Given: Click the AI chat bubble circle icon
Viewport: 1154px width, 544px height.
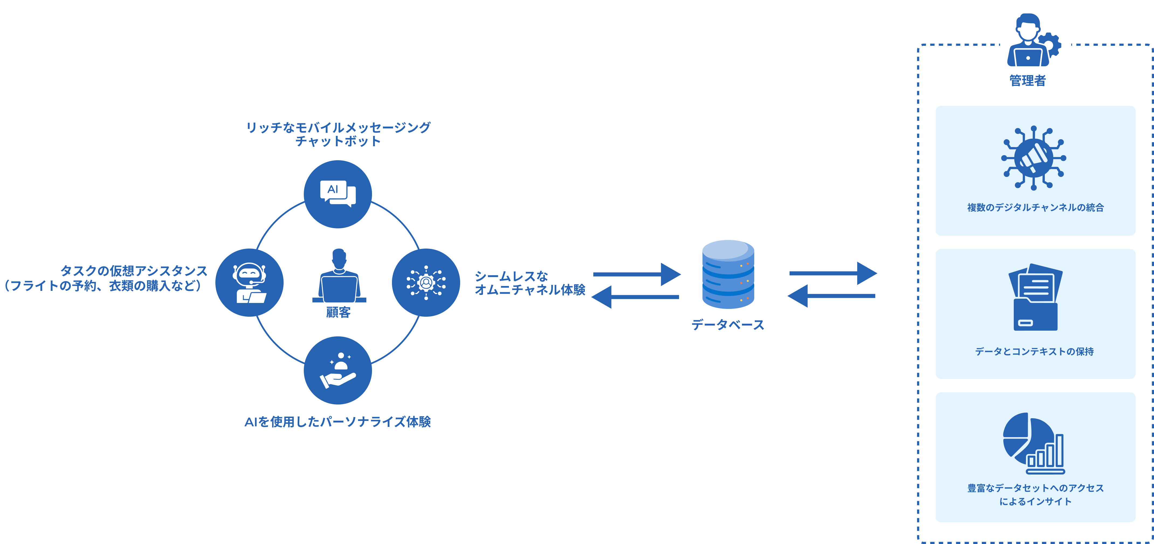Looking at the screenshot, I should coord(338,194).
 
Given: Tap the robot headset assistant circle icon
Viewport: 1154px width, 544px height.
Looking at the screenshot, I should coord(250,283).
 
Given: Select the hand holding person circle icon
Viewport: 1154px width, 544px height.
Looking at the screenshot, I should coord(338,370).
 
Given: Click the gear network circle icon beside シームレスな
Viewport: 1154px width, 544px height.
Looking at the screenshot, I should coord(426,283).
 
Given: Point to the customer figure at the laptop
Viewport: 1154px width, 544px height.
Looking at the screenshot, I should coord(339,277).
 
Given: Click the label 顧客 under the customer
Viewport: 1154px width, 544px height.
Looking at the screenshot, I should coord(338,312).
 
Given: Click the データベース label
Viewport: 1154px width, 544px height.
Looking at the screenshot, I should coord(728,325).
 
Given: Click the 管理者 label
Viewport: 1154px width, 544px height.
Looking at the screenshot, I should coord(1027,81).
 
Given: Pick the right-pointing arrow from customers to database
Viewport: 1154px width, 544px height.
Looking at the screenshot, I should coord(636,274).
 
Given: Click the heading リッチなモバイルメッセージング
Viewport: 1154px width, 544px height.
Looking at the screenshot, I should coord(338,128).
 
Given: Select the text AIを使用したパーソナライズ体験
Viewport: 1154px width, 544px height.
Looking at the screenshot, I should coord(338,422).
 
